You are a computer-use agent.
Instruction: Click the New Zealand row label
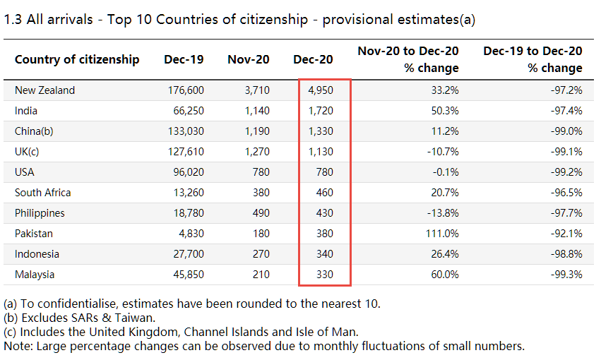tap(44, 90)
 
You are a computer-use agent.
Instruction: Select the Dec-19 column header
tap(184, 59)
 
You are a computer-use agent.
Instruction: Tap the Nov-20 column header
tap(248, 59)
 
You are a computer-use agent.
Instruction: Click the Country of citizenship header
tap(77, 59)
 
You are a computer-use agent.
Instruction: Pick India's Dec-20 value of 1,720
tap(321, 111)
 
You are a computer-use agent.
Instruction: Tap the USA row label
tap(25, 172)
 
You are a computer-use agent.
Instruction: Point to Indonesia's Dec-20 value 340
tap(324, 254)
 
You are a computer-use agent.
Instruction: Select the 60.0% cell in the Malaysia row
tap(444, 275)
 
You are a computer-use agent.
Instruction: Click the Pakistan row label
tap(34, 234)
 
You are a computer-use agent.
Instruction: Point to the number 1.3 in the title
tap(13, 19)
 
